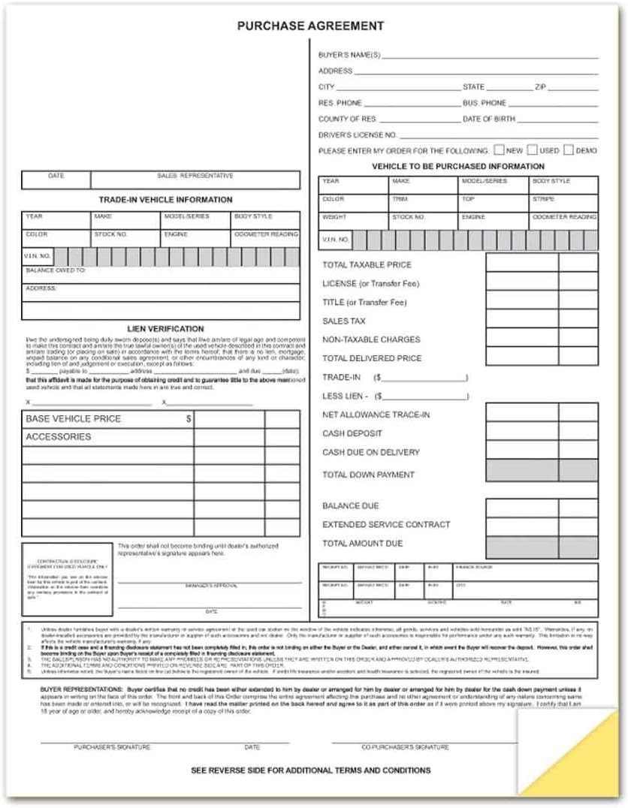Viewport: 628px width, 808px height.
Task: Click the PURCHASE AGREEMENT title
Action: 310,26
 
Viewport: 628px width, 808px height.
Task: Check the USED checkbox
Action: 532,149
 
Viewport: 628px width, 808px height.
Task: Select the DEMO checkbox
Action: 568,149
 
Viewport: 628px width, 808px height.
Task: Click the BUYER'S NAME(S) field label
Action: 349,56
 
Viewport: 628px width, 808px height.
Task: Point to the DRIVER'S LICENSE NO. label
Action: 358,134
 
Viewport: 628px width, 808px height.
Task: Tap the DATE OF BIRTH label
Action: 489,119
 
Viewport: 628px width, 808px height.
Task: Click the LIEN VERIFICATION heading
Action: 165,328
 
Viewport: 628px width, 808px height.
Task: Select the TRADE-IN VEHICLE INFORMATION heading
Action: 165,200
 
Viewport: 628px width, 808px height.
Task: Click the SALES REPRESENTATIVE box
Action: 195,179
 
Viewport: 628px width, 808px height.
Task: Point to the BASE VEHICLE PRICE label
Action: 73,419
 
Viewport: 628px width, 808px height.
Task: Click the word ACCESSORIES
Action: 58,437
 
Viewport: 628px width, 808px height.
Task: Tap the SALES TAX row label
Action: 344,321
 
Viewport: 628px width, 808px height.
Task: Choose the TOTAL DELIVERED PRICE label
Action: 372,358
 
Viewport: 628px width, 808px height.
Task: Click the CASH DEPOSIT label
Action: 352,433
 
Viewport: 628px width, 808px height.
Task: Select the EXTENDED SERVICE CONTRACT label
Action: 386,524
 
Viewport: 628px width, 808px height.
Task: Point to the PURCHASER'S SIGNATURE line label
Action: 112,747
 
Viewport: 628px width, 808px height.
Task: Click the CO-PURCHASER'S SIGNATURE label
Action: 405,747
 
